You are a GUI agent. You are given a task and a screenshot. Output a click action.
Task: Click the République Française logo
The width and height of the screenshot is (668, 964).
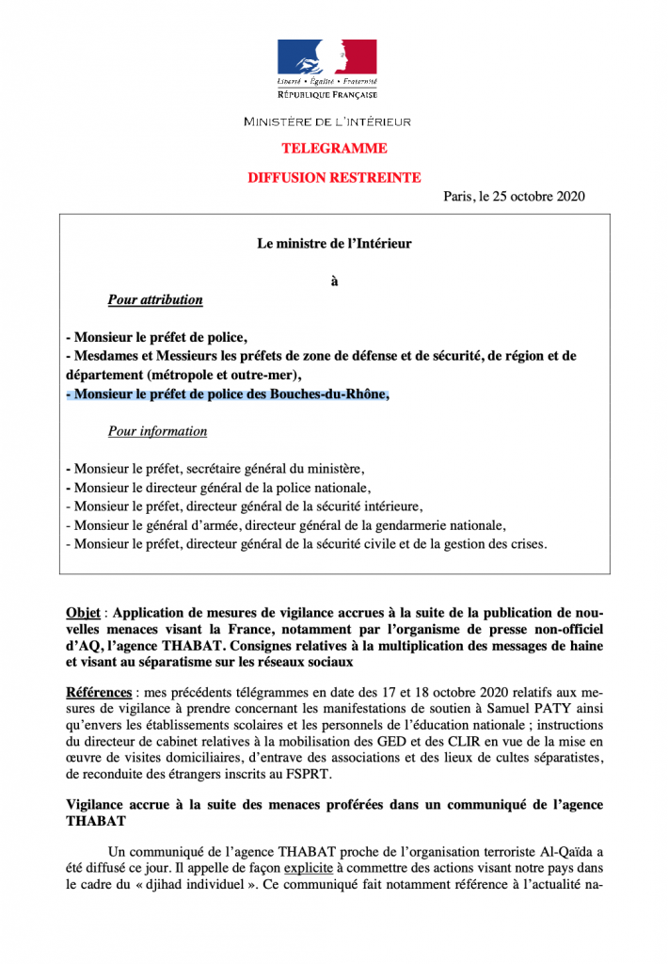(326, 69)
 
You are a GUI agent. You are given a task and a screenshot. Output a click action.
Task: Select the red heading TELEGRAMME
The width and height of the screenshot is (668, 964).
(334, 149)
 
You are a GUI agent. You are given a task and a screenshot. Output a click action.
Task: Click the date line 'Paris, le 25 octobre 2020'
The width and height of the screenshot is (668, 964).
(514, 196)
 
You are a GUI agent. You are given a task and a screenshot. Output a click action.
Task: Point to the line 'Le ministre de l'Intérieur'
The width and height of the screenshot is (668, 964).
(334, 243)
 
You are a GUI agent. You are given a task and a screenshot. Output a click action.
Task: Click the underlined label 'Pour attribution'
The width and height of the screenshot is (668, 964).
(155, 299)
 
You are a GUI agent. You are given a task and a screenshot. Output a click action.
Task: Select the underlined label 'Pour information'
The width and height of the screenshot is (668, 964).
(157, 431)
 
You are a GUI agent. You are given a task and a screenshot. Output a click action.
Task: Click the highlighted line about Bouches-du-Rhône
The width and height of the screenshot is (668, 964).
(227, 394)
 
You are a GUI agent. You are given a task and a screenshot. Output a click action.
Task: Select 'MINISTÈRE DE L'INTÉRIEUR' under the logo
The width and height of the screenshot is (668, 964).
(326, 121)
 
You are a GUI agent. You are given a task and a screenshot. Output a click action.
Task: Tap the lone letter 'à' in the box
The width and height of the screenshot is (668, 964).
(334, 280)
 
